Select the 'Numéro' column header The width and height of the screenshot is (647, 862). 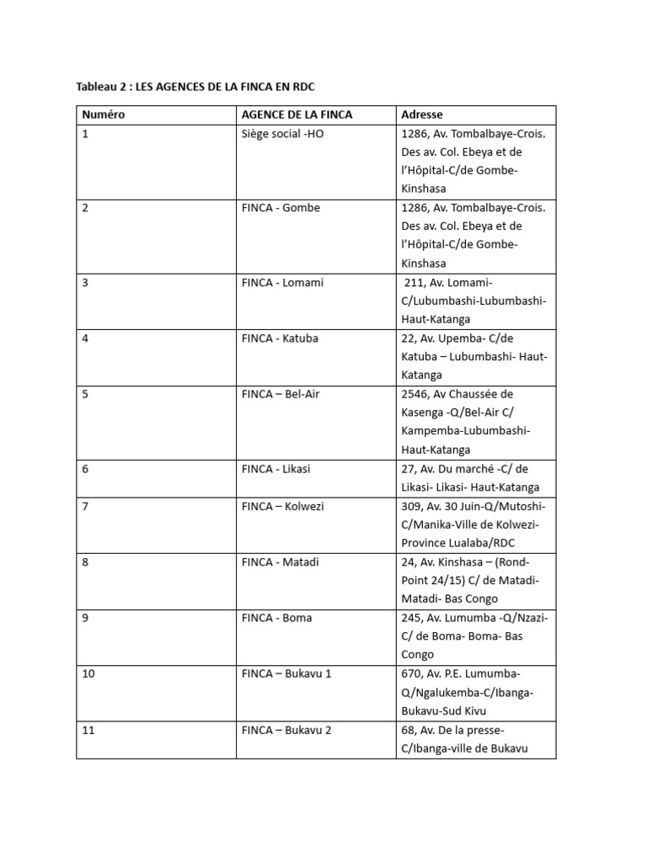[x=103, y=114]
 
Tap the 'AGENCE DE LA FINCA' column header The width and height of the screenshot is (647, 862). [x=297, y=114]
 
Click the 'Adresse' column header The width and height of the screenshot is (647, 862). [x=422, y=114]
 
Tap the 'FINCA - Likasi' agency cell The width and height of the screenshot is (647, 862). [x=276, y=469]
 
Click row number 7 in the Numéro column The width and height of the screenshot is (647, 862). [x=85, y=506]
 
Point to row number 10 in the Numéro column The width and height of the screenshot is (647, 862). [x=88, y=673]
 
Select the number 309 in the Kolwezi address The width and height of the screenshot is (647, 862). [x=412, y=506]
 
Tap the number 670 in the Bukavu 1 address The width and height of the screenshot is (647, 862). [x=412, y=673]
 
